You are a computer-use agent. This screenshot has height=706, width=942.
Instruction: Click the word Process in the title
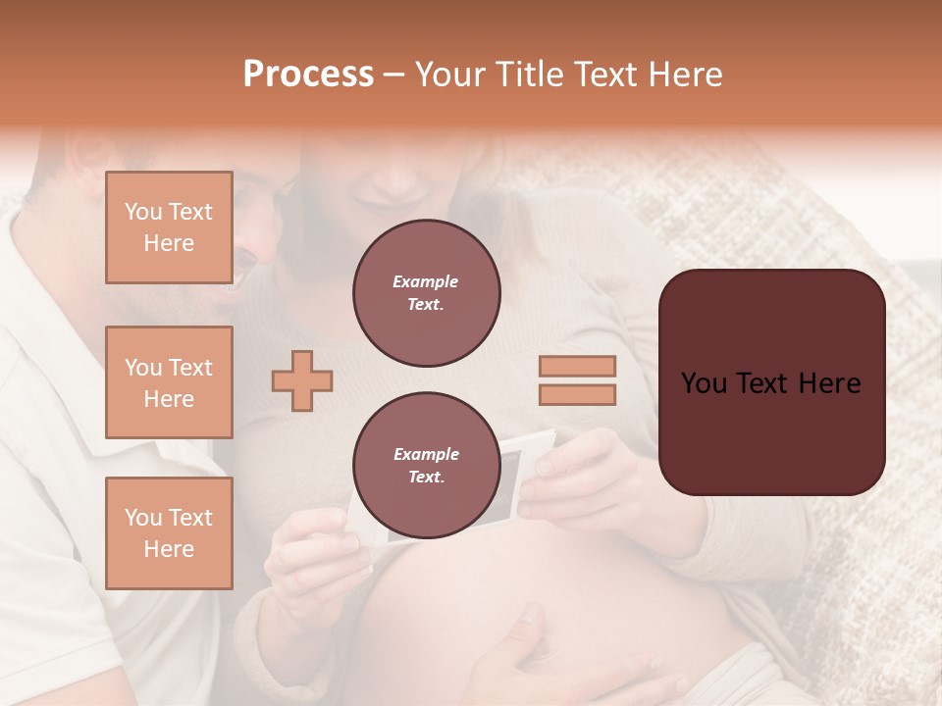pos(308,75)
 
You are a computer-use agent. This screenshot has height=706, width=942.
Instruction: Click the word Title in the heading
pos(529,75)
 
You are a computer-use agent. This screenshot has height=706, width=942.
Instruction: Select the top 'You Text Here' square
pos(169,227)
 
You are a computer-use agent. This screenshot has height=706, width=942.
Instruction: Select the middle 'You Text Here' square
pos(169,382)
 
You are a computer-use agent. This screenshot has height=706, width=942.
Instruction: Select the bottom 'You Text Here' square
pos(169,532)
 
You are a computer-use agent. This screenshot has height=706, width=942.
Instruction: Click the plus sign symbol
pos(302,380)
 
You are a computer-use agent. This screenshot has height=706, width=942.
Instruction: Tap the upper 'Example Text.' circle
pos(426,293)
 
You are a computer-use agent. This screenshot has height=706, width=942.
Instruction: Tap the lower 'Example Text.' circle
pos(426,466)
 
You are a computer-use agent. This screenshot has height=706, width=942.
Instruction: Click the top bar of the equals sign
pos(577,366)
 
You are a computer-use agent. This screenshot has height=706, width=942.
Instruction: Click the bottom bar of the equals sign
pos(577,394)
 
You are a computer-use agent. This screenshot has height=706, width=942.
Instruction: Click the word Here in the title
pos(684,75)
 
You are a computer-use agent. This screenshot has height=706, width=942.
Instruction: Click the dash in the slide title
pos(394,76)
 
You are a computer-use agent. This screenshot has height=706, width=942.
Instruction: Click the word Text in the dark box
pos(770,383)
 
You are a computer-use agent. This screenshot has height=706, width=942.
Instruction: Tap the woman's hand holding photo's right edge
pos(569,480)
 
